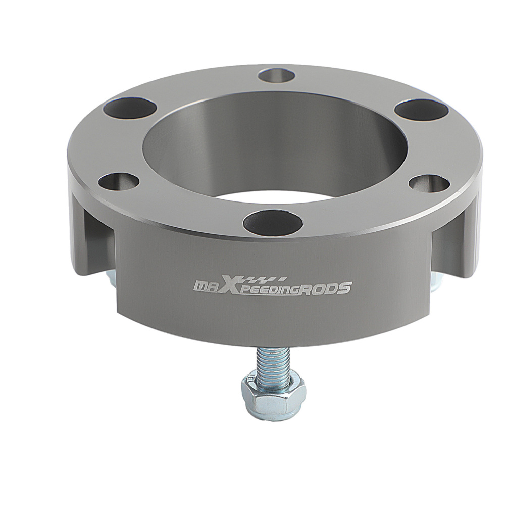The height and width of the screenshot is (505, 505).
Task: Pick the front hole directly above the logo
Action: tap(273, 224)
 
